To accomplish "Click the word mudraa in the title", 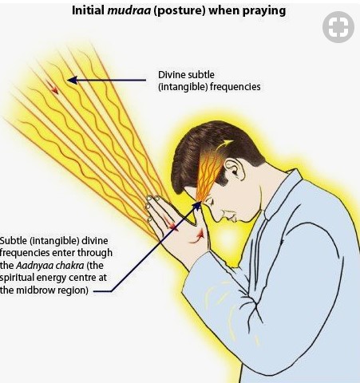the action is pyautogui.click(x=129, y=10).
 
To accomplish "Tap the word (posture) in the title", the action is pyautogui.click(x=180, y=11).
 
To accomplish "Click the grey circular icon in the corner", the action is pyautogui.click(x=338, y=27).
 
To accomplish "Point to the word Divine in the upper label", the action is pyautogui.click(x=172, y=75).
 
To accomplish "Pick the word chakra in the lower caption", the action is pyautogui.click(x=69, y=265).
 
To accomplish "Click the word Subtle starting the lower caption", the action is pyautogui.click(x=14, y=240).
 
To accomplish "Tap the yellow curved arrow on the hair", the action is pyautogui.click(x=223, y=145).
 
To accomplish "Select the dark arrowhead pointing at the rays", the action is pyautogui.click(x=73, y=80).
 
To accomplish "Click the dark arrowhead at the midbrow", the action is pyautogui.click(x=197, y=205).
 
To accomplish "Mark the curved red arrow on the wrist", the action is pyautogui.click(x=197, y=236).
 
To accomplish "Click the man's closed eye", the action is pyautogui.click(x=212, y=203).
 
